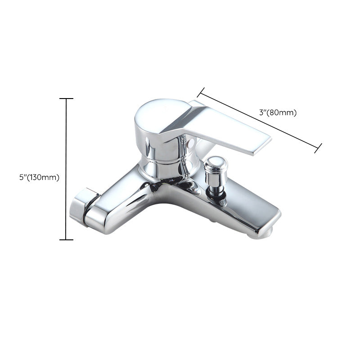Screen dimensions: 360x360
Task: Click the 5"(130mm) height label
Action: click(x=39, y=177)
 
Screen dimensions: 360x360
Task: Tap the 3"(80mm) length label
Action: click(x=278, y=112)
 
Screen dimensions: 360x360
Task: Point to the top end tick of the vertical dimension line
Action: click(x=66, y=99)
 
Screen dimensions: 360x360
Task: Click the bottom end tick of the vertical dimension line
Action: click(x=66, y=240)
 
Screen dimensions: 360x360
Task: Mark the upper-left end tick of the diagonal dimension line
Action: click(x=201, y=92)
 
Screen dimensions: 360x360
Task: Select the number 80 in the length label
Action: click(x=275, y=112)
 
